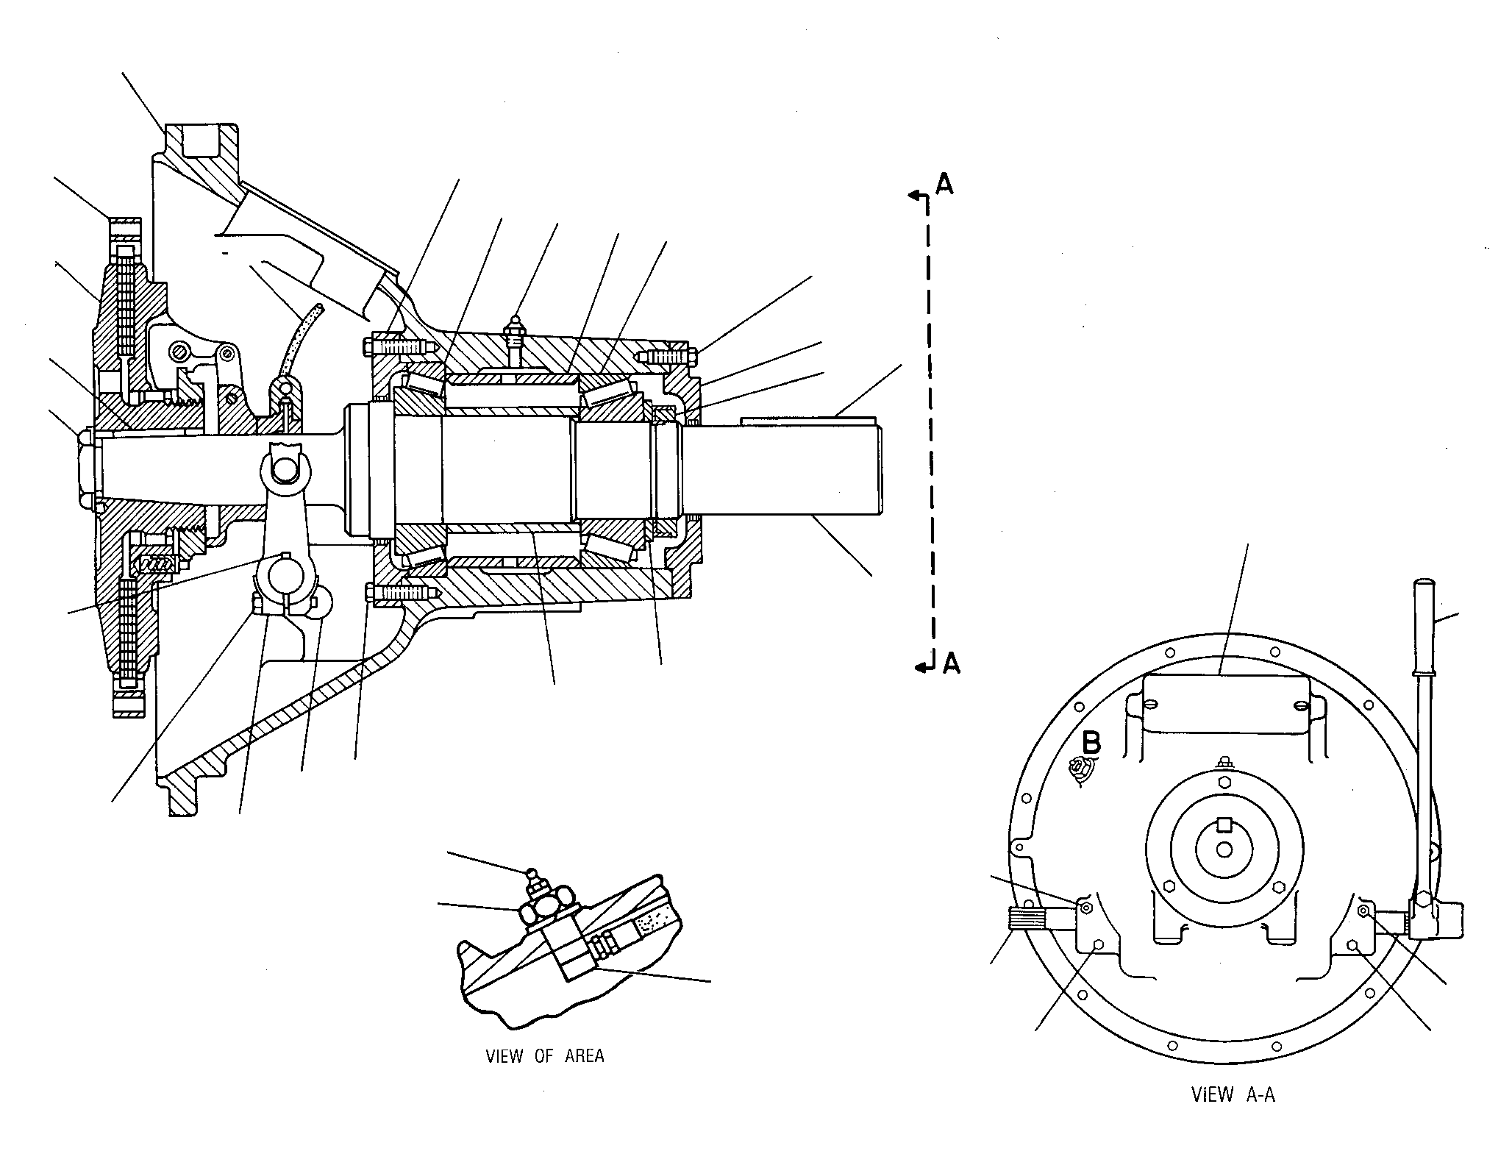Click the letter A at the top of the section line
tap(944, 184)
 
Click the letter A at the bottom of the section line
tap(951, 663)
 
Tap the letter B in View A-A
tap(1091, 742)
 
